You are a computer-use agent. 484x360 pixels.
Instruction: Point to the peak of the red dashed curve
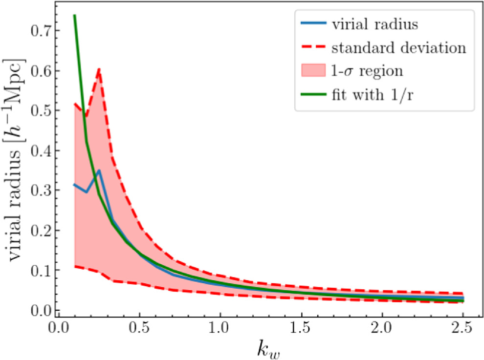pyautogui.click(x=99, y=69)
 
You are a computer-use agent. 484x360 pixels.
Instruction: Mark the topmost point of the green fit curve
pyautogui.click(x=74, y=15)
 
